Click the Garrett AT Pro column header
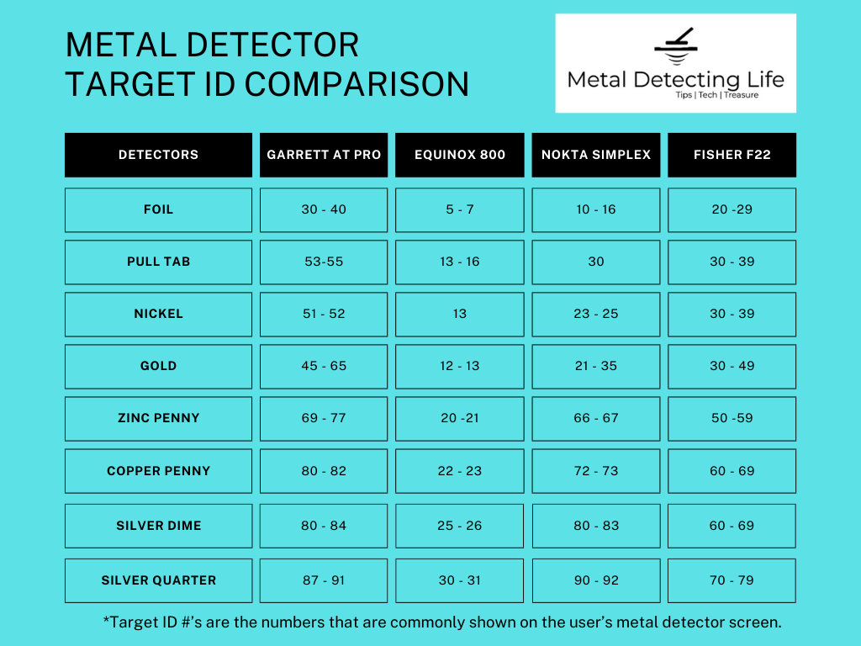[x=324, y=155]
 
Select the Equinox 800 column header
[x=460, y=155]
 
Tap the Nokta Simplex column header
[x=596, y=155]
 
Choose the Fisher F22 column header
[x=732, y=155]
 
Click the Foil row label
[x=158, y=209]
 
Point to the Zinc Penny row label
[x=158, y=418]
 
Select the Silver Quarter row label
[x=158, y=580]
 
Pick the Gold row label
[x=158, y=366]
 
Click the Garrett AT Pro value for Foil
[x=324, y=209]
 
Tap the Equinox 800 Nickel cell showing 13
[x=460, y=314]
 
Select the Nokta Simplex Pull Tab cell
[x=596, y=262]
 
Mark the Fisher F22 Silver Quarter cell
[x=732, y=580]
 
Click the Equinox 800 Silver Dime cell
[x=460, y=526]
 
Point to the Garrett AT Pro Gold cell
[x=324, y=366]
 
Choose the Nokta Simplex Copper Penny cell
[x=596, y=471]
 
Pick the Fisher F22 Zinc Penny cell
[x=732, y=418]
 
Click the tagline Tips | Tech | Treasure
[x=716, y=95]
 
